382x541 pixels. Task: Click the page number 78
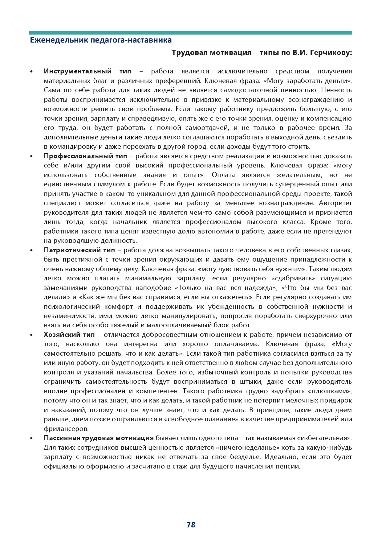tap(191, 525)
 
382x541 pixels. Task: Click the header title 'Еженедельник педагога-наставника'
tap(101, 40)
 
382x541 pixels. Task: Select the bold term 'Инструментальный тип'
tap(87, 71)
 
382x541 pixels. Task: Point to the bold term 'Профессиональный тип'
tap(85, 156)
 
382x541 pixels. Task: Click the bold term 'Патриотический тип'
tap(79, 250)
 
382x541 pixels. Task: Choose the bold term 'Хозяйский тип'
tap(69, 335)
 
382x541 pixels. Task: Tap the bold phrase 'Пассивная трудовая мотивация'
tap(99, 438)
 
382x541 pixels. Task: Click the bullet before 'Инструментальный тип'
tap(31, 72)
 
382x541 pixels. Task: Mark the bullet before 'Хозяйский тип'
tap(31, 335)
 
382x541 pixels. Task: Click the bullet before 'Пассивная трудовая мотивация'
tap(31, 438)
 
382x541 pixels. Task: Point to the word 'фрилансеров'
tap(66, 429)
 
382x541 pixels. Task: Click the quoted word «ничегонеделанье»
tap(243, 448)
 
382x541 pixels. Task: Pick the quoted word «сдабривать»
tap(293, 278)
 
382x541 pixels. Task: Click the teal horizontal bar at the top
tap(191, 33)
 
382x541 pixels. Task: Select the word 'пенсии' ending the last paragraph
tap(290, 466)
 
